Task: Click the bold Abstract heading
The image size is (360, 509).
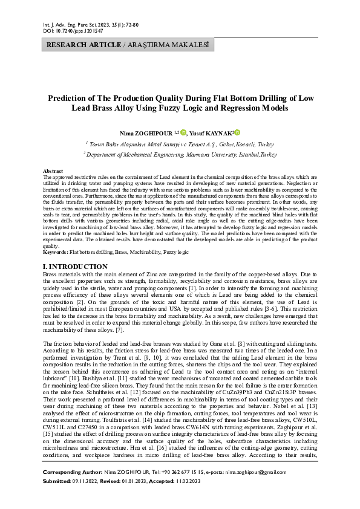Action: pyautogui.click(x=54, y=172)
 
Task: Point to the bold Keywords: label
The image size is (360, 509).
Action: pyautogui.click(x=56, y=251)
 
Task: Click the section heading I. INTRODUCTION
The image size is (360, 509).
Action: pyautogui.click(x=75, y=267)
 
